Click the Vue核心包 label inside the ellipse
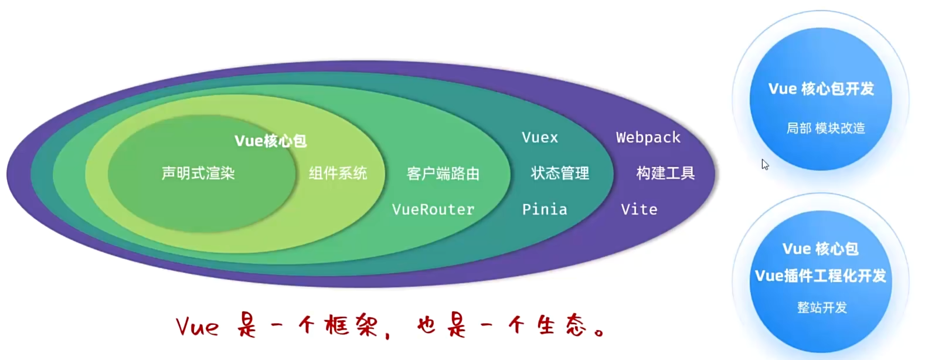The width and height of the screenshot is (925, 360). pyautogui.click(x=270, y=141)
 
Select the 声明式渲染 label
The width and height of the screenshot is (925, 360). pyautogui.click(x=198, y=173)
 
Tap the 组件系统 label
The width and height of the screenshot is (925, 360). pyautogui.click(x=338, y=173)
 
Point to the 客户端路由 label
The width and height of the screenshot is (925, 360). pyautogui.click(x=443, y=174)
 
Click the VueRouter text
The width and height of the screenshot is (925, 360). pyautogui.click(x=433, y=209)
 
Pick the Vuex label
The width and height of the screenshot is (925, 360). pyautogui.click(x=540, y=137)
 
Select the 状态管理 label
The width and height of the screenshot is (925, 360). pyautogui.click(x=560, y=173)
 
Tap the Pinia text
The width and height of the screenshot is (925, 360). pyautogui.click(x=545, y=209)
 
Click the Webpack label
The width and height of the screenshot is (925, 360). pyautogui.click(x=648, y=137)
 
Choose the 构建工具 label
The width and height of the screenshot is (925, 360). pyautogui.click(x=665, y=173)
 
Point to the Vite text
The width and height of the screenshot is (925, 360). pyautogui.click(x=639, y=209)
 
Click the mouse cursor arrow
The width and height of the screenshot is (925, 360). pyautogui.click(x=765, y=165)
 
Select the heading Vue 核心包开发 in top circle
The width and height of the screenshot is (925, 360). pyautogui.click(x=821, y=89)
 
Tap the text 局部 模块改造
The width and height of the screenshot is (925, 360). pyautogui.click(x=825, y=128)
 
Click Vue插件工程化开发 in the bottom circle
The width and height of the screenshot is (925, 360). pyautogui.click(x=821, y=276)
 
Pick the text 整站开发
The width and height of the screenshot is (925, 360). pyautogui.click(x=822, y=307)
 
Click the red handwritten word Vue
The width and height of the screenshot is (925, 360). pyautogui.click(x=197, y=326)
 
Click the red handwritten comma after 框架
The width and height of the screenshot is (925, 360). pyautogui.click(x=387, y=335)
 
